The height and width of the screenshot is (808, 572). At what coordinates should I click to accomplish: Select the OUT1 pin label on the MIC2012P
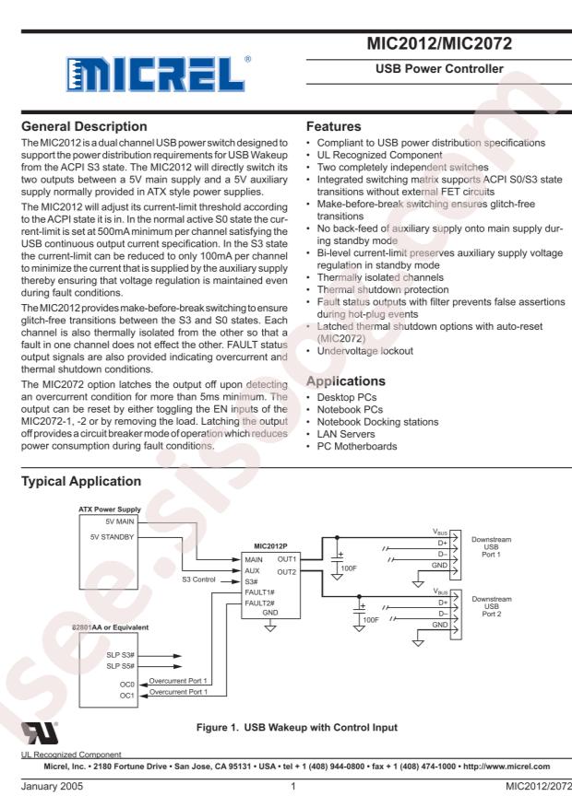[285, 559]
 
